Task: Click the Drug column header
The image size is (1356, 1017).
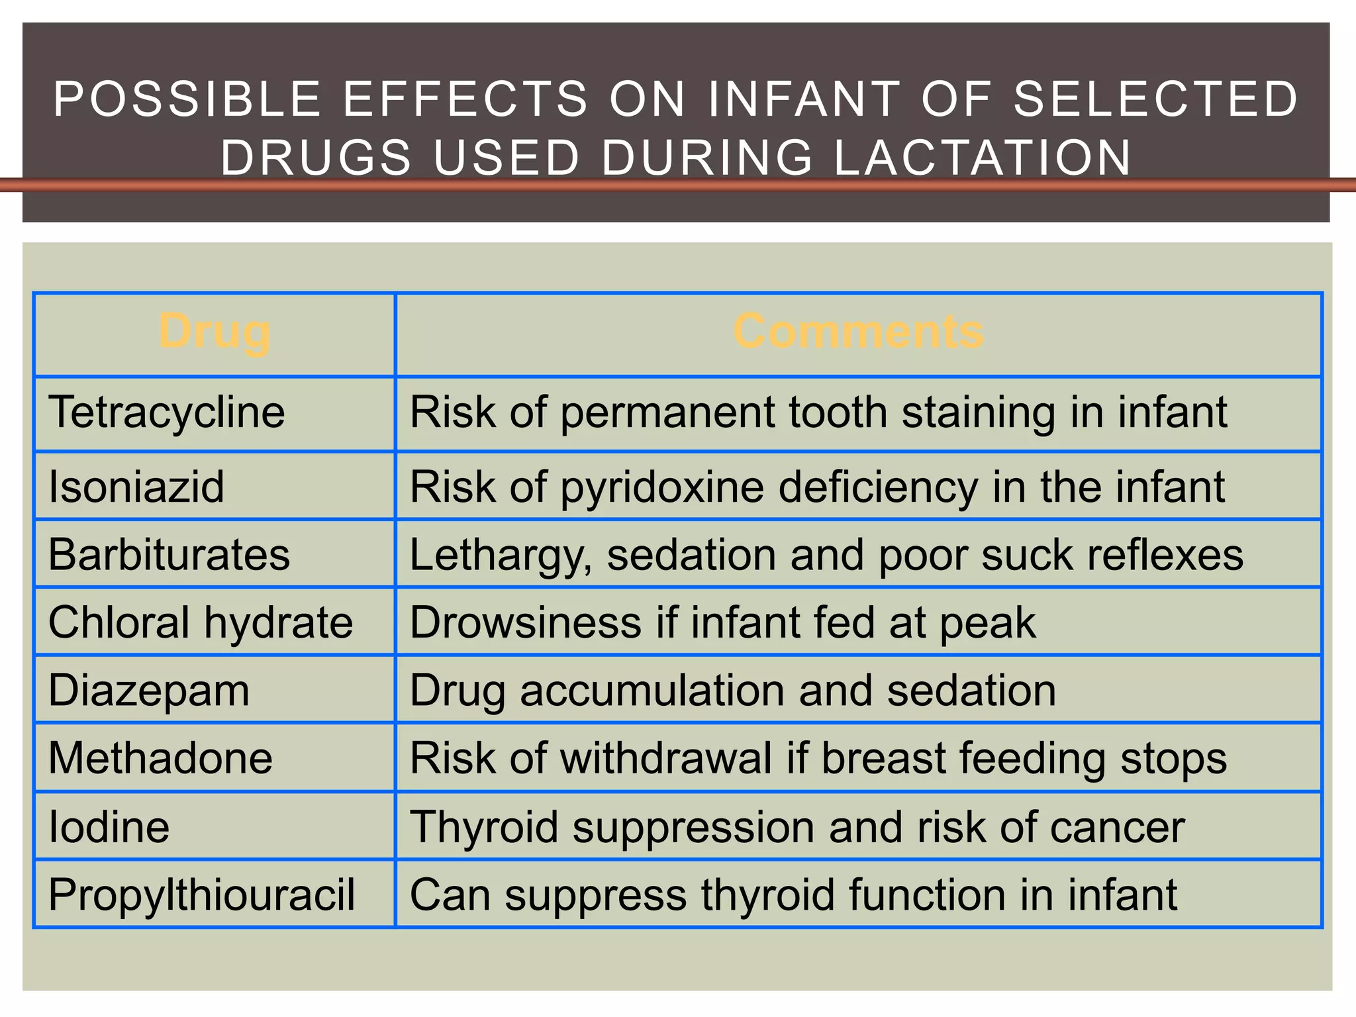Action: pos(215,332)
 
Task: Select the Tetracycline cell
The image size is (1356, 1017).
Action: pos(167,412)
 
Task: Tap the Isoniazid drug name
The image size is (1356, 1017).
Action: pos(136,487)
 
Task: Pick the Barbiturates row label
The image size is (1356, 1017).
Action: pos(169,554)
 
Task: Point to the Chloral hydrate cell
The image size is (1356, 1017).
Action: pos(201,622)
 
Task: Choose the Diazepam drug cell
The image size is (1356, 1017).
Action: pos(149,691)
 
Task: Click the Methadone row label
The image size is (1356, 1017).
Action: pos(160,758)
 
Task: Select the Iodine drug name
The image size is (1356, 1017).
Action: pos(109,827)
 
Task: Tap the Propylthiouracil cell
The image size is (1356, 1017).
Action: pos(202,895)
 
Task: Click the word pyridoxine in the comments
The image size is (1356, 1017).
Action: pos(662,488)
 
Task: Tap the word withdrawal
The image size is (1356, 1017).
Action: pos(666,758)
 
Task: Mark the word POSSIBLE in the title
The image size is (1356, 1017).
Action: pos(187,99)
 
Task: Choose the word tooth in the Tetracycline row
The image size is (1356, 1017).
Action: pos(838,412)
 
